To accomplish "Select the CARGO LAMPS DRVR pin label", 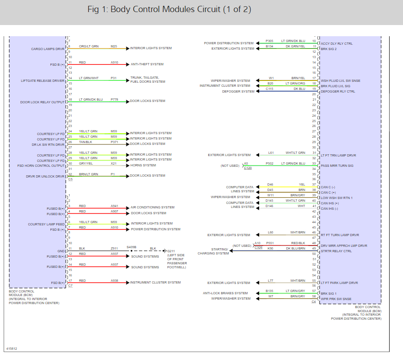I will tap(48, 49).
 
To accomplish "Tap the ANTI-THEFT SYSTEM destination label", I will tap(147, 64).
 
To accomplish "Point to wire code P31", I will tap(114, 78).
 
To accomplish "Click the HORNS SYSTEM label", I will tap(143, 165).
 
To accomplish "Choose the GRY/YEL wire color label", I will tap(86, 163).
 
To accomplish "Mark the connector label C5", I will tap(70, 179).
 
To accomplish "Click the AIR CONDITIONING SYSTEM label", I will tap(152, 207).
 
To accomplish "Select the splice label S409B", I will tap(131, 246).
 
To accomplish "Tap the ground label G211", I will tap(171, 251).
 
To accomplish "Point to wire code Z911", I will tap(114, 248).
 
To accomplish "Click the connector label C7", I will tap(70, 285).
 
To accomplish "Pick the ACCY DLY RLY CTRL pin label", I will tap(336, 43).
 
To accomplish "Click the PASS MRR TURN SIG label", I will tap(337, 165).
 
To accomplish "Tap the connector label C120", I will tap(248, 168).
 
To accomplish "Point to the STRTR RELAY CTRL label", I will tap(336, 251).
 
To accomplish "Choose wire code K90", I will tap(270, 248).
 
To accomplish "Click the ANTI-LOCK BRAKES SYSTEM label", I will tap(225, 293).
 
